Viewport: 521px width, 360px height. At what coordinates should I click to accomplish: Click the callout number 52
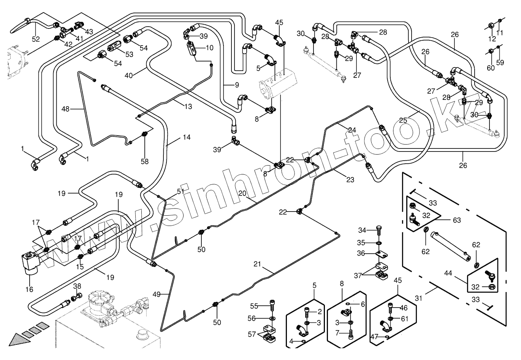click(36, 39)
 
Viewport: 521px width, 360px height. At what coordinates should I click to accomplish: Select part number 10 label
click(210, 48)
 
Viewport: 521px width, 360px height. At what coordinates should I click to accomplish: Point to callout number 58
click(145, 161)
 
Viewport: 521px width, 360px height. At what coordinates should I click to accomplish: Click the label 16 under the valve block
click(29, 289)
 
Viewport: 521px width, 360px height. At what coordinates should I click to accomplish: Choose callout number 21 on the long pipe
click(257, 264)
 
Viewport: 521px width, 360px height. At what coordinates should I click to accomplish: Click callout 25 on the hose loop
click(403, 120)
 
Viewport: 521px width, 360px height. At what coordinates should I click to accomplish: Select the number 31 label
click(418, 298)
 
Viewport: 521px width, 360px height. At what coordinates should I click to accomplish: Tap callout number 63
click(456, 220)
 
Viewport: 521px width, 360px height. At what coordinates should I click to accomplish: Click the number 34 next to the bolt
click(362, 230)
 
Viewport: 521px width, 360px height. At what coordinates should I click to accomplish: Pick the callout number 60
click(491, 68)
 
